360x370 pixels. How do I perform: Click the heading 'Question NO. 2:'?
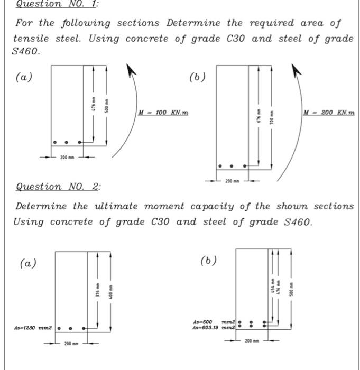pos(58,187)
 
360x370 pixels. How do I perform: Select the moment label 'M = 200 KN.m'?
pos(329,113)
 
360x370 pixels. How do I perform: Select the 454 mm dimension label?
pos(272,285)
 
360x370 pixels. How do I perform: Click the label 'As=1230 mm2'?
pos(33,328)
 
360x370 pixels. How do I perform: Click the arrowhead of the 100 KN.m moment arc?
pos(131,69)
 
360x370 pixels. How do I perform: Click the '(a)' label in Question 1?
pos(24,77)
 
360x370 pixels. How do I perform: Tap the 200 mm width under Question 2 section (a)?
pos(71,344)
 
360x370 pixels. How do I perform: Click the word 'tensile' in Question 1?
pos(31,39)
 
